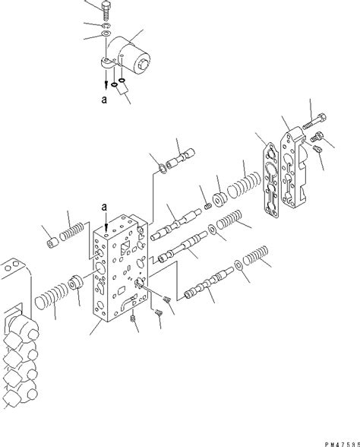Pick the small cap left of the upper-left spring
(x=52, y=244)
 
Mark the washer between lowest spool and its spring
(x=238, y=265)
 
